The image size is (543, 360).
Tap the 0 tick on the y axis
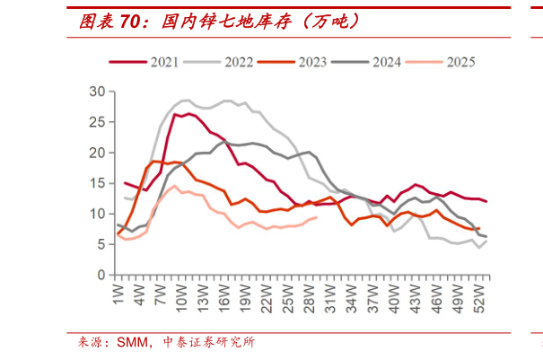click(101, 275)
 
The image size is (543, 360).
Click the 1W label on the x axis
click(118, 291)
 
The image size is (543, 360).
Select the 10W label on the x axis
click(180, 293)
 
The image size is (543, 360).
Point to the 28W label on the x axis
click(309, 293)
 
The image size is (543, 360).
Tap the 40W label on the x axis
click(394, 293)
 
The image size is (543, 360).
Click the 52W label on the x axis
click(479, 293)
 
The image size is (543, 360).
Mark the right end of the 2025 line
click(317, 217)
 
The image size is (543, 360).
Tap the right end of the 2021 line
click(486, 201)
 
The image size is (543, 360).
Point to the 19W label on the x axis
click(245, 293)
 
